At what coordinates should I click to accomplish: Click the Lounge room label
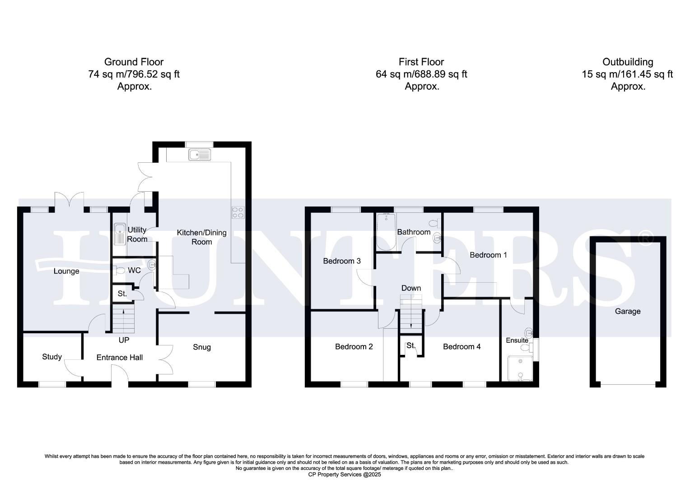point(66,271)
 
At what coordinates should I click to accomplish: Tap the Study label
point(52,357)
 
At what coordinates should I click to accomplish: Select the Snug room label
point(202,347)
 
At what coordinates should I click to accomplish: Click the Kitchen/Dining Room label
point(201,237)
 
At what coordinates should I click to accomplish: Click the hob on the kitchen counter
point(238,212)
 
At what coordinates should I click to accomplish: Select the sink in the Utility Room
point(120,234)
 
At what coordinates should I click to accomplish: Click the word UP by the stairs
point(124,340)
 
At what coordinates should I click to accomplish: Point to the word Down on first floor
point(411,288)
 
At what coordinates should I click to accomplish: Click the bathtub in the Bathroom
point(386,231)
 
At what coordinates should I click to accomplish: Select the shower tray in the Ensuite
point(520,369)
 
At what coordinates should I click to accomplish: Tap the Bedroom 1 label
point(488,255)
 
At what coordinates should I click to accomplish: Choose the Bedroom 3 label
point(342,261)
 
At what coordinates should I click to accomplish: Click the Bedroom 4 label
point(462,346)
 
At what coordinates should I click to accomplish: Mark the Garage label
point(627,311)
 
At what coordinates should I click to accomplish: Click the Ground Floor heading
point(134,62)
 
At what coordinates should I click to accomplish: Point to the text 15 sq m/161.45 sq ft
point(627,74)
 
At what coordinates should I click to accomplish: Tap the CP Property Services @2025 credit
point(345,474)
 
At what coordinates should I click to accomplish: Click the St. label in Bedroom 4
point(410,346)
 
